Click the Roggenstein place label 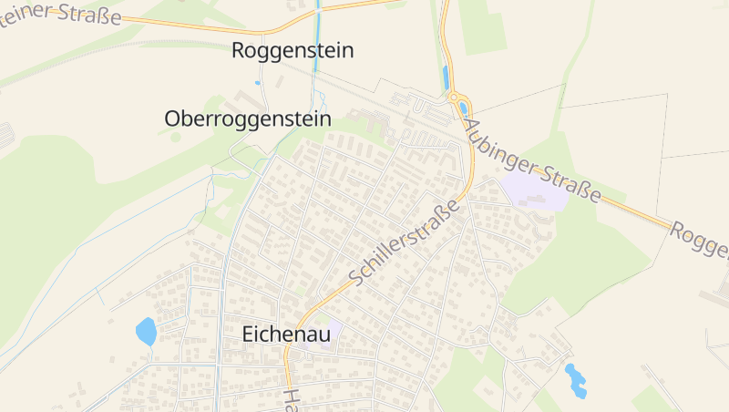(293, 51)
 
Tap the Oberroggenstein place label (248, 118)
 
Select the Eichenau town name (286, 335)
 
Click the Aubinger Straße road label (533, 160)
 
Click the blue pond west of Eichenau (146, 331)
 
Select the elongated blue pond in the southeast (576, 380)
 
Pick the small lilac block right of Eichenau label (334, 330)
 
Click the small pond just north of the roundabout (446, 77)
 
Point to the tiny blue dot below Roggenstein (258, 83)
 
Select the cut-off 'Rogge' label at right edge (700, 240)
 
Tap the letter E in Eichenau (249, 335)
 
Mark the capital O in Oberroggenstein (172, 118)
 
